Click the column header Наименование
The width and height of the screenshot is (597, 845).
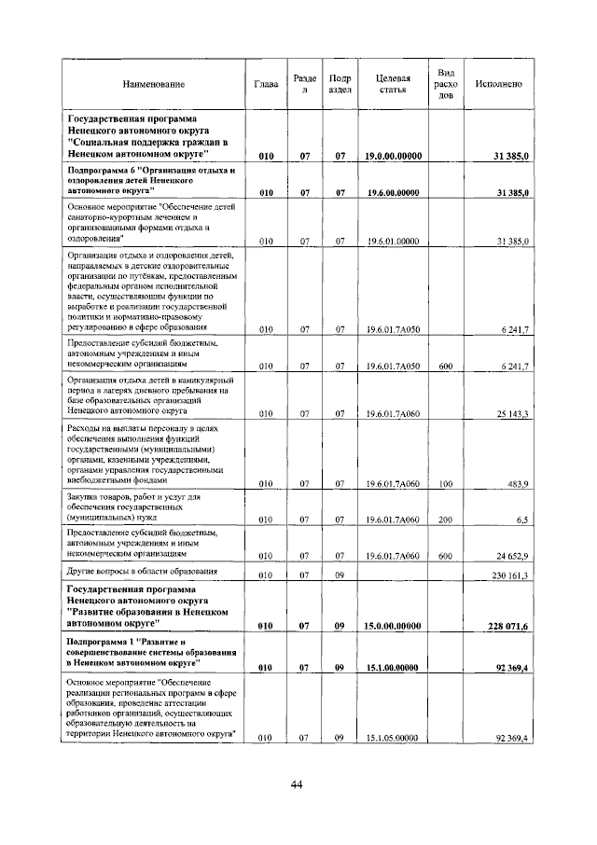tap(153, 85)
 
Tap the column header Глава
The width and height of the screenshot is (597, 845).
tap(266, 85)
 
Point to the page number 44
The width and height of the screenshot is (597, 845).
tap(297, 784)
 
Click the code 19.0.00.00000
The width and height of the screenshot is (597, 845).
tap(393, 156)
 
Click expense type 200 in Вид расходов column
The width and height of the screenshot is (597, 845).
tap(445, 519)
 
